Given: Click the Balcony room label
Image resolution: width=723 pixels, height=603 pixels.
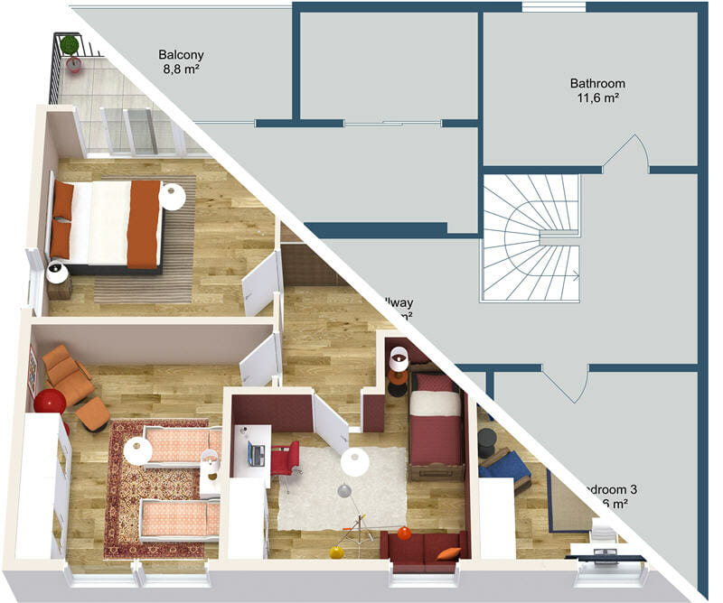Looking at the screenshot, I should coord(181,54).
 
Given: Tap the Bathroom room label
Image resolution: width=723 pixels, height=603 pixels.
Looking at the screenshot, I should coord(596,83).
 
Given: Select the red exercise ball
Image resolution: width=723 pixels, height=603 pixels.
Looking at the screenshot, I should coord(50,401).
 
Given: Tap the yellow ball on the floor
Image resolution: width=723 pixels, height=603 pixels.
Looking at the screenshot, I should coord(336,552).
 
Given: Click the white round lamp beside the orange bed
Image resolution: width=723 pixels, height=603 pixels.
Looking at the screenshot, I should coord(172,196).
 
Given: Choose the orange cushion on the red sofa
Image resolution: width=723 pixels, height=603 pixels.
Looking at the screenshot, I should coord(448,553).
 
